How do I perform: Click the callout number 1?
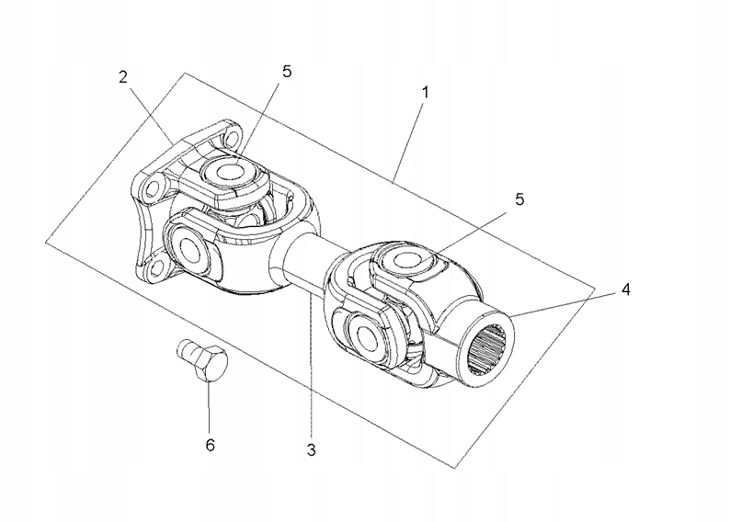425,93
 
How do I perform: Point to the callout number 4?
624,289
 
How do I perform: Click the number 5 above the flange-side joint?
287,72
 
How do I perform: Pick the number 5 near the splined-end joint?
519,199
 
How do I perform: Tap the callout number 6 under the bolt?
210,445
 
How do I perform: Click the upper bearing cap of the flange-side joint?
224,172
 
